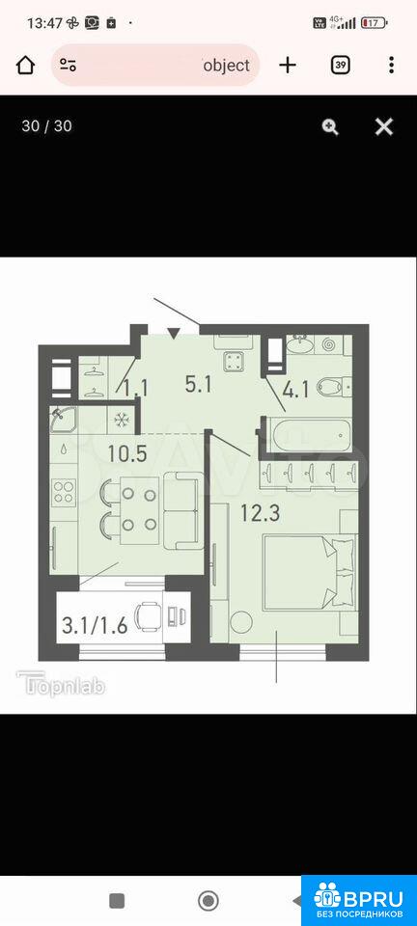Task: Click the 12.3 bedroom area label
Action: coord(260,512)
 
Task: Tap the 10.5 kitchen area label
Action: coord(127,453)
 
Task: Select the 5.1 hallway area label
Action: coord(198,385)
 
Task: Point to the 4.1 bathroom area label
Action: coord(295,391)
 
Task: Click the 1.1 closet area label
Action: coord(136,388)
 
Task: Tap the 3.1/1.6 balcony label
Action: coord(95,625)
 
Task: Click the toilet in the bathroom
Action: coord(332,387)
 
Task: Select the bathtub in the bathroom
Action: coord(311,435)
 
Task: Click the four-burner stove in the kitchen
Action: coord(65,493)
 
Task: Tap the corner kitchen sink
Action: coord(63,420)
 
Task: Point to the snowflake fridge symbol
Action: coord(123,420)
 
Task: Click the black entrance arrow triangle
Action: coord(173,335)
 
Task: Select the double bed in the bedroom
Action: coord(310,572)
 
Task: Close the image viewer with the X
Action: coord(384,126)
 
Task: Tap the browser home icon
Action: coord(25,65)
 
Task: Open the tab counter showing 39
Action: coord(340,65)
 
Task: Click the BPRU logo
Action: coord(358,900)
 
